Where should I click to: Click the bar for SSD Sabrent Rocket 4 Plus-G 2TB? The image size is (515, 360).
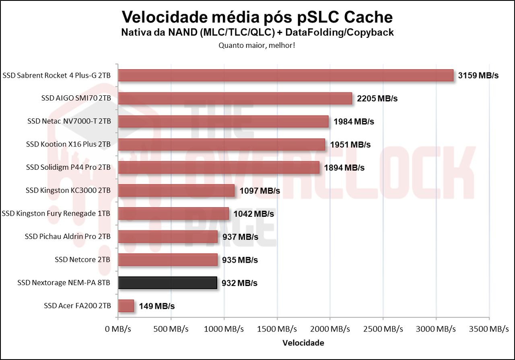point(286,76)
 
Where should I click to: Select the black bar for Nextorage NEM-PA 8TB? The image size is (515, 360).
point(167,283)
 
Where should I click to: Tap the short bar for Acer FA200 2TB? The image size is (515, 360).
point(126,306)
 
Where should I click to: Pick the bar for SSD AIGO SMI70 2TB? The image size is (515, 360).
point(235,99)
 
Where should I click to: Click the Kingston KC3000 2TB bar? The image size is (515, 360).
point(176,191)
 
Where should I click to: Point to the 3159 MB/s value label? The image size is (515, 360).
point(478,76)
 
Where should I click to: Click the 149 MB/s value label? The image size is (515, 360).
point(157,306)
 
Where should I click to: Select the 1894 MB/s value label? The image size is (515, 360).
point(344,168)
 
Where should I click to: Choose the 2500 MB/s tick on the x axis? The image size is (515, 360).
point(383,329)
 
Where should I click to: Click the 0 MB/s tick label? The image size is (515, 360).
point(118,329)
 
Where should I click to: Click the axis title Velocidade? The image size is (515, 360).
point(303,343)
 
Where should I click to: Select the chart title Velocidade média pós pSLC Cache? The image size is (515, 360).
point(257,17)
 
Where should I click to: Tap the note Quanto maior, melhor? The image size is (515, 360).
point(257,45)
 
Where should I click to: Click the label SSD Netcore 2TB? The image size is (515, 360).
point(82,260)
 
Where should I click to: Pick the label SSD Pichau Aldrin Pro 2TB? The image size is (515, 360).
point(68,237)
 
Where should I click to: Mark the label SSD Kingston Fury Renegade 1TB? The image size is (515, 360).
point(56,214)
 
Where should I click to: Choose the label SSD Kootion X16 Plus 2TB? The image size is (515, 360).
point(68,144)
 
